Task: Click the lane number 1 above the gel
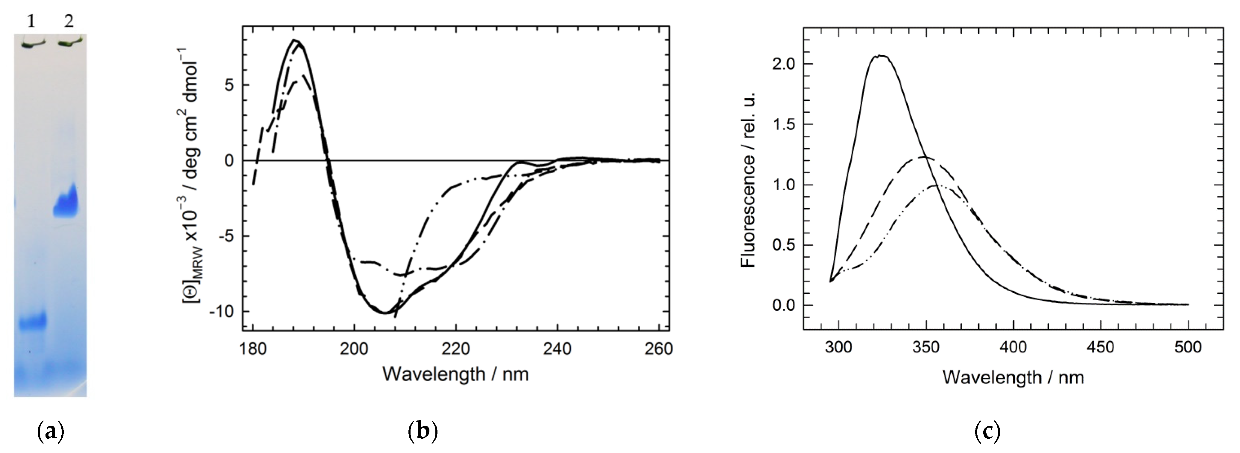tap(31, 22)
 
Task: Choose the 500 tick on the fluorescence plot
tap(1188, 347)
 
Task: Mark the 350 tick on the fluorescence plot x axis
tap(926, 347)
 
